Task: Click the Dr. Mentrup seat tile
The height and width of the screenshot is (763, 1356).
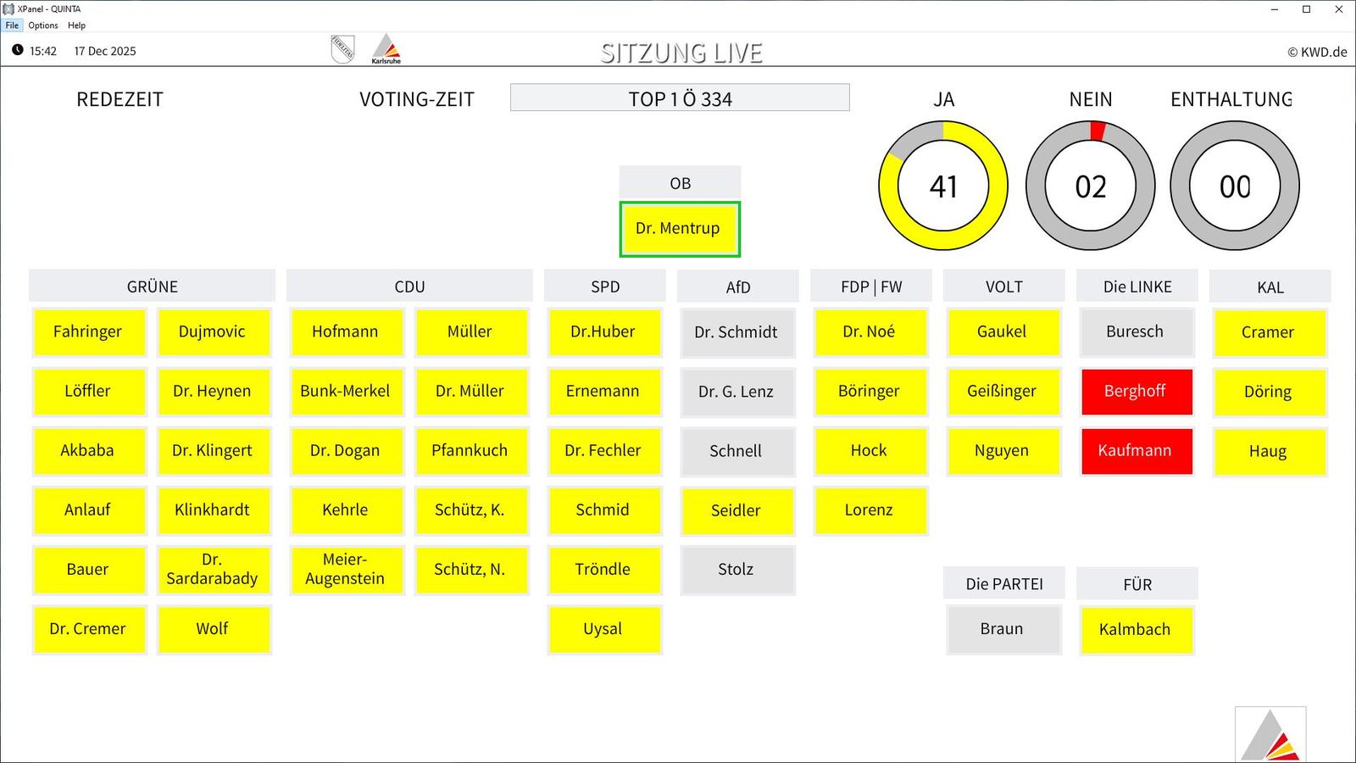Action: [x=679, y=229]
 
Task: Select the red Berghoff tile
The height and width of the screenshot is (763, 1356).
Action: [x=1136, y=391]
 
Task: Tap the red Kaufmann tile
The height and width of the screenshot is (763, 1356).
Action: [x=1136, y=450]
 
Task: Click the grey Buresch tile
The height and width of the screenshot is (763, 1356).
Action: [x=1135, y=331]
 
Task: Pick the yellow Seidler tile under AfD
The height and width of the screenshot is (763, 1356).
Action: [x=736, y=510]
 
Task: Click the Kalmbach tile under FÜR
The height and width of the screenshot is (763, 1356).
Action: [x=1136, y=630]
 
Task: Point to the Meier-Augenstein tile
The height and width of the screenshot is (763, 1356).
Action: [x=346, y=569]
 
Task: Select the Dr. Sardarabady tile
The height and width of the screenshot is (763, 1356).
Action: [x=213, y=569]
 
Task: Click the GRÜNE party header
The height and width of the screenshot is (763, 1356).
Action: [x=152, y=287]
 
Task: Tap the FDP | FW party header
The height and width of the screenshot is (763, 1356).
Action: [x=870, y=287]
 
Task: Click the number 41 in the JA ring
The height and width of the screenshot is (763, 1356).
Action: [x=943, y=187]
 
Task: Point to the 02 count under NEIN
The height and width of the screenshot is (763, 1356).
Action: [x=1090, y=187]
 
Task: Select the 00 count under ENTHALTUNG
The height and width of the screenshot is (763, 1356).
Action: [x=1234, y=187]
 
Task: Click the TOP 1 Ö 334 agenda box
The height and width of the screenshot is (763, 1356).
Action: [x=680, y=98]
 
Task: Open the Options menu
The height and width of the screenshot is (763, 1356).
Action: [x=43, y=25]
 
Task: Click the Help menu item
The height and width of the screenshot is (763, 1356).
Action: [x=76, y=25]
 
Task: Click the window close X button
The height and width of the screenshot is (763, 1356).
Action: [x=1338, y=9]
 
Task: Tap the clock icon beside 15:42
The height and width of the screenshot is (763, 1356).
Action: [x=18, y=50]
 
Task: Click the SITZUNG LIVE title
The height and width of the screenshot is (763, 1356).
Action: [x=681, y=53]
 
